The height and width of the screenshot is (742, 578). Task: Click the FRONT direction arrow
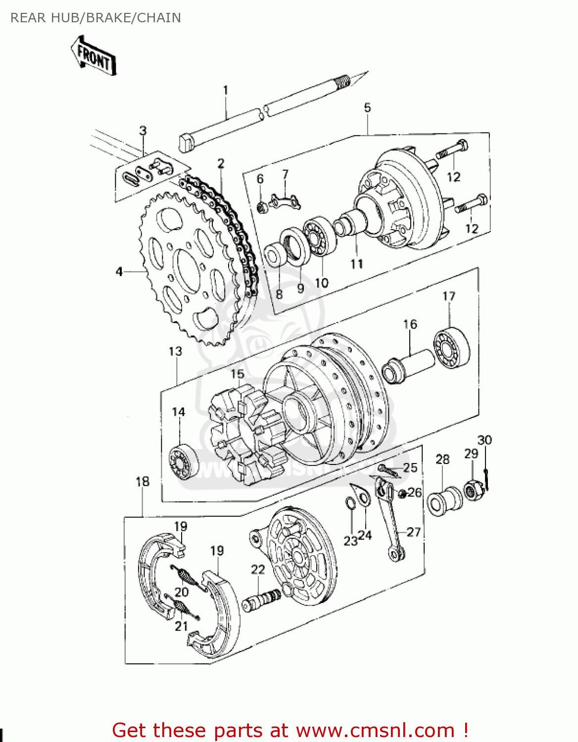pyautogui.click(x=94, y=55)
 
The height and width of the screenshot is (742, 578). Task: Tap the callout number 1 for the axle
pyautogui.click(x=226, y=91)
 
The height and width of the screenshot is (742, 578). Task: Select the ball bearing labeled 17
pyautogui.click(x=451, y=348)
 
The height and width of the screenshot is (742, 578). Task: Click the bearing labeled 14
pyautogui.click(x=183, y=462)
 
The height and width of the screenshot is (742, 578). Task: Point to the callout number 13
pyautogui.click(x=175, y=351)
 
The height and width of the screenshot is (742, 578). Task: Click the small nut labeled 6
pyautogui.click(x=262, y=207)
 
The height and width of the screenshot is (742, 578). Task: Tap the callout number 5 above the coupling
pyautogui.click(x=367, y=108)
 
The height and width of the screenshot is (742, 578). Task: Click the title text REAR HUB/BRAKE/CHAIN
pyautogui.click(x=96, y=18)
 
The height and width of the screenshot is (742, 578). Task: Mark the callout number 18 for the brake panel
pyautogui.click(x=143, y=481)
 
